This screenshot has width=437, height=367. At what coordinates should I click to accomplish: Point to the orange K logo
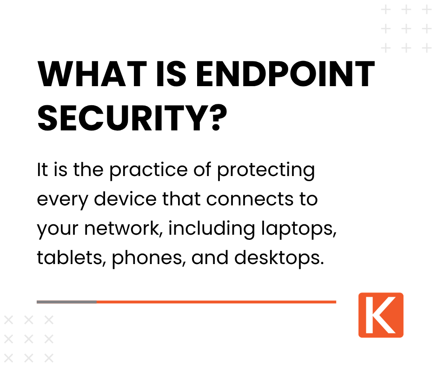pos(381,315)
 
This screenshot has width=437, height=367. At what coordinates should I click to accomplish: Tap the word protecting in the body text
pos(266,171)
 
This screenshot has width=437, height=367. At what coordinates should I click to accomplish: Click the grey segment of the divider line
pos(66,302)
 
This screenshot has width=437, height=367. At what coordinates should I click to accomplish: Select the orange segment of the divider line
pos(216,302)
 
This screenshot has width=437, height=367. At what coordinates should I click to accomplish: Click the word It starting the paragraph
pos(42,171)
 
